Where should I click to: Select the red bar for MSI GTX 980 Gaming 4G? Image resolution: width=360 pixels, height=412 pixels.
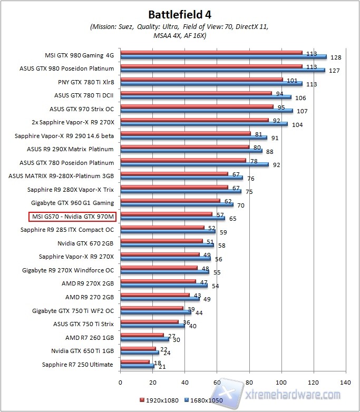(x=211, y=53)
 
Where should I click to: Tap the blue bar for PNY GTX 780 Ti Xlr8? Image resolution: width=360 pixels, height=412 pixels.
(x=211, y=83)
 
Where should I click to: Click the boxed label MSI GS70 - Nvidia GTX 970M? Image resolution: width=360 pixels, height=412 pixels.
(x=73, y=216)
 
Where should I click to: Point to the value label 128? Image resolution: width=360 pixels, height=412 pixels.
(x=336, y=57)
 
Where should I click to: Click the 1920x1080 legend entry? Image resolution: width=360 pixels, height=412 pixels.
(x=160, y=400)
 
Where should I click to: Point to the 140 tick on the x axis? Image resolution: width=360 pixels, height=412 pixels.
(x=346, y=381)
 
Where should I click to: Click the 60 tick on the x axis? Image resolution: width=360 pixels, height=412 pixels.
(x=217, y=381)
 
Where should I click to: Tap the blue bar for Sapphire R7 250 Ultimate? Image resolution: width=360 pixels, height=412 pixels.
(x=137, y=366)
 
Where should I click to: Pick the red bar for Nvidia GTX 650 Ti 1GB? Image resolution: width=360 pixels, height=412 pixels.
(x=138, y=348)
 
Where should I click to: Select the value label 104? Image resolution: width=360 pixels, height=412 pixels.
(x=298, y=124)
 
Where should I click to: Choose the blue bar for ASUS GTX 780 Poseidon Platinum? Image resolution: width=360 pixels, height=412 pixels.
(x=194, y=164)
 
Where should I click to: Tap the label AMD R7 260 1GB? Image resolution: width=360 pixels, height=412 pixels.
(x=89, y=337)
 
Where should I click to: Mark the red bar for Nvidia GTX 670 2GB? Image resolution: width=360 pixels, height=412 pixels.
(x=161, y=241)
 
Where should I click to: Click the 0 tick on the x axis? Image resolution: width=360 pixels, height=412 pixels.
(x=121, y=381)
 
